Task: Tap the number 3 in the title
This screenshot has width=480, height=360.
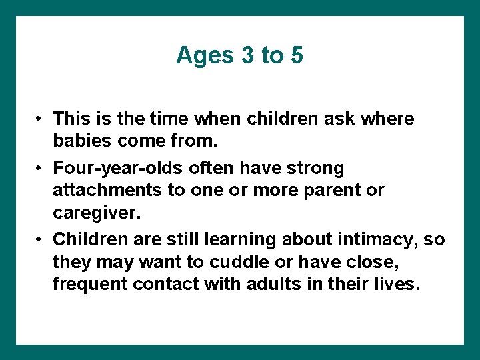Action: point(249,56)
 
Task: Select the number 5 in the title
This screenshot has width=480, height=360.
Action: point(297,56)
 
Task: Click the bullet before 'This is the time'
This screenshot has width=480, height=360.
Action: point(40,119)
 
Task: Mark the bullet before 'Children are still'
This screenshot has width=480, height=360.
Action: point(40,239)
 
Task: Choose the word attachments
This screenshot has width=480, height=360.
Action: point(109,190)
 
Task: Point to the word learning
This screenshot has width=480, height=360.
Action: point(242,239)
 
